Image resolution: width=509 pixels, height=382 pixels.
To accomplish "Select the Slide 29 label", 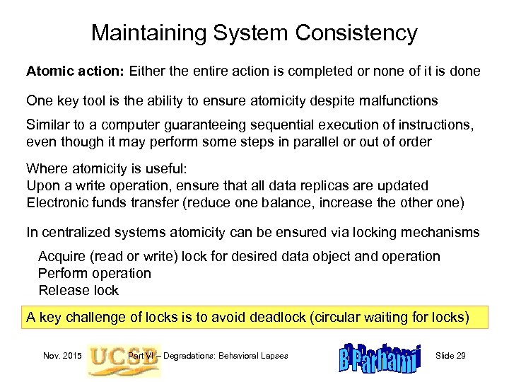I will (450, 355).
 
